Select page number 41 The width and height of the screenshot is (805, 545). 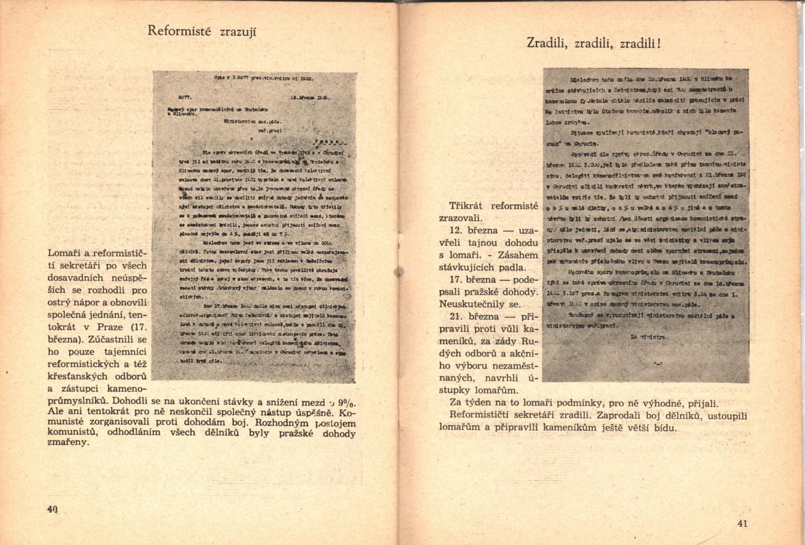tap(743, 524)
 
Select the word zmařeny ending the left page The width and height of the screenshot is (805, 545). tap(69, 442)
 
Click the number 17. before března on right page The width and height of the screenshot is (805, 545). tap(457, 280)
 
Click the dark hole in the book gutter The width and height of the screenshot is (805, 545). tap(398, 272)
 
